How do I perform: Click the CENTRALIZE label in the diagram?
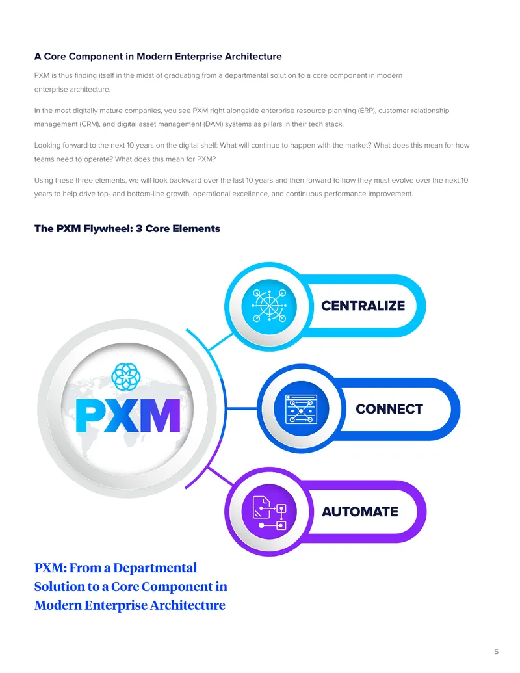[363, 306]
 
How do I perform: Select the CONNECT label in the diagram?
[389, 409]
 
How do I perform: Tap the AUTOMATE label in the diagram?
[360, 512]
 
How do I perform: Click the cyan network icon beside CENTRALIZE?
[269, 306]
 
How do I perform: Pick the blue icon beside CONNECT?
[301, 408]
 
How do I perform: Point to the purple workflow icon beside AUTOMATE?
[269, 512]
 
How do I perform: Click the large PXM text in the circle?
[128, 416]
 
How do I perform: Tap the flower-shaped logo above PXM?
[125, 376]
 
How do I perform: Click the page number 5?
[497, 652]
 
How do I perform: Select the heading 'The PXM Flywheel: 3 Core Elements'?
[127, 228]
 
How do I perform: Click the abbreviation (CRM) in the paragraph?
[89, 124]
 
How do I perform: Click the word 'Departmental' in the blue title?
[155, 568]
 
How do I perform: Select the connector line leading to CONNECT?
[241, 408]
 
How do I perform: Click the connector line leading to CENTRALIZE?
[220, 342]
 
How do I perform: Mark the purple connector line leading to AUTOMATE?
[220, 476]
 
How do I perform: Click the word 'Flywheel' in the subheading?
[108, 229]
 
